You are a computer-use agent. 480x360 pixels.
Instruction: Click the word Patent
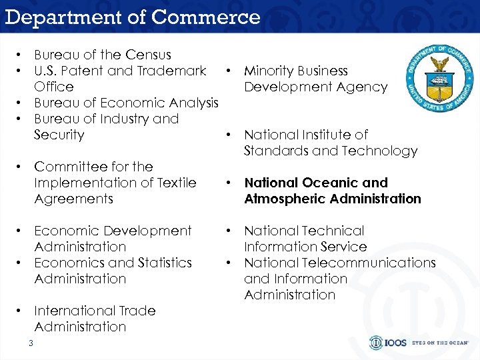pyautogui.click(x=85, y=71)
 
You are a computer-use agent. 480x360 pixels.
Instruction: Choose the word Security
pyautogui.click(x=59, y=135)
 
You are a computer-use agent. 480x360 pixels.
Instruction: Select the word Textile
pyautogui.click(x=174, y=183)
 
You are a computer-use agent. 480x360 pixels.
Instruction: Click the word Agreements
pyautogui.click(x=73, y=199)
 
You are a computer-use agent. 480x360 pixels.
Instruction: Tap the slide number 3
pyautogui.click(x=31, y=343)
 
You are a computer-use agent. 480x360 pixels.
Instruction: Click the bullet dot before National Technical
pyautogui.click(x=228, y=231)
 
